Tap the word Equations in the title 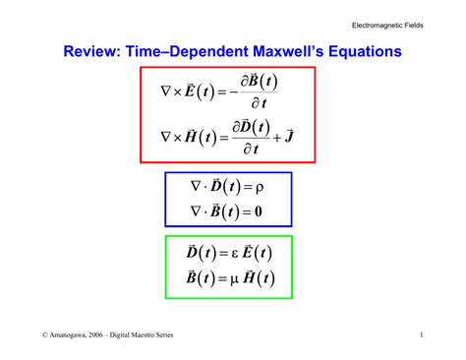(366, 51)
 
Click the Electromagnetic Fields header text (387, 24)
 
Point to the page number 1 (421, 335)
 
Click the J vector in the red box (291, 135)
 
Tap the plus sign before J (276, 136)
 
